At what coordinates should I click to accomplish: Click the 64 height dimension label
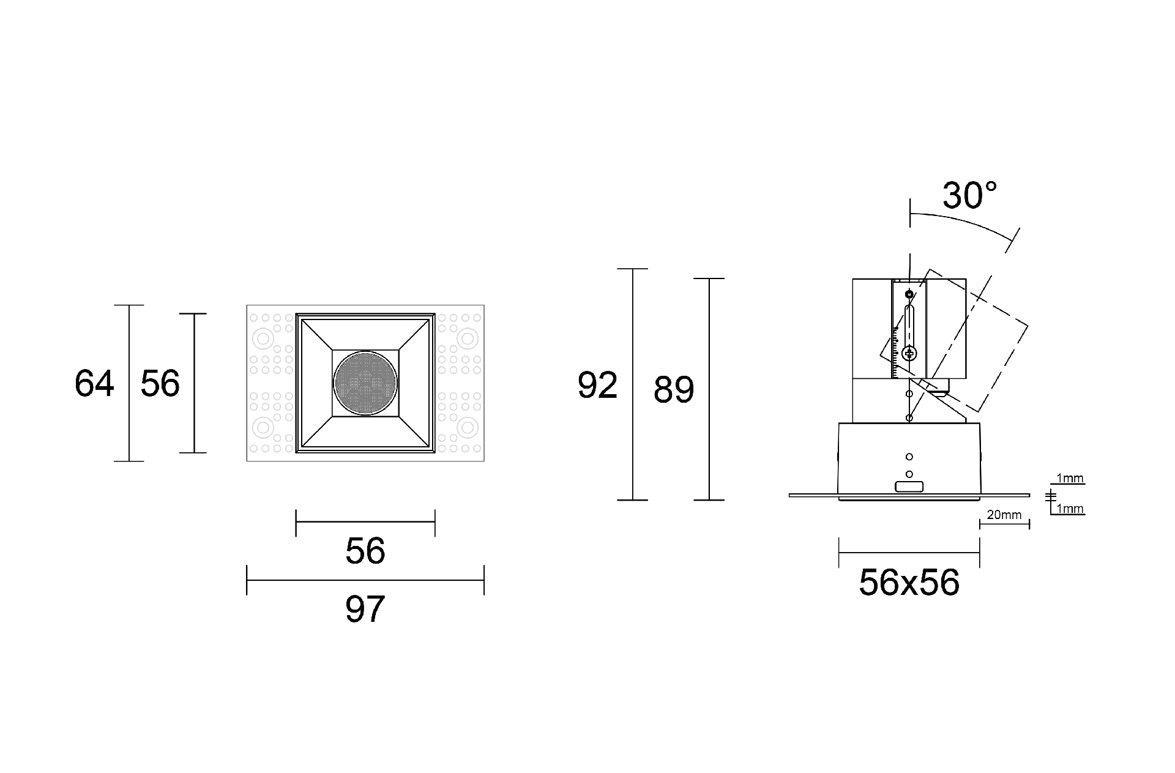coord(94,384)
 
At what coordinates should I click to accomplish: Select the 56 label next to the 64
coord(160,384)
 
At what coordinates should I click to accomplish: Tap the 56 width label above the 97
coord(365,551)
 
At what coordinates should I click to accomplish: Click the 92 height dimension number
coord(597,386)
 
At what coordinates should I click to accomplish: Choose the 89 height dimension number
coord(674,390)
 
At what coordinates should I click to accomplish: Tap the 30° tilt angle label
coord(969,196)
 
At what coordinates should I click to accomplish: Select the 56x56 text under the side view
coord(909,582)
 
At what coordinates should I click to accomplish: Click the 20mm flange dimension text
coord(1004,515)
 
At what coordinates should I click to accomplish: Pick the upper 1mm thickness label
coord(1070,479)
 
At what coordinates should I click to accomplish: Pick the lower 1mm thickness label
coord(1070,509)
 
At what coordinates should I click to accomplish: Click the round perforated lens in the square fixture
coord(365,383)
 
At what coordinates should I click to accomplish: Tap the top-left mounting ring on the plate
coord(264,338)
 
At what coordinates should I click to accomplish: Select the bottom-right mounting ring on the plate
coord(468,427)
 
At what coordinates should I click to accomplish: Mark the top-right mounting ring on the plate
coord(468,338)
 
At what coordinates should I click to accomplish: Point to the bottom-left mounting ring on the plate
coord(264,427)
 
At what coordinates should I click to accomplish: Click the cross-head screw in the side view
coord(909,353)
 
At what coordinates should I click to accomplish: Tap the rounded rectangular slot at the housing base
coord(909,487)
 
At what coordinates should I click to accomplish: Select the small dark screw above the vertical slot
coord(909,295)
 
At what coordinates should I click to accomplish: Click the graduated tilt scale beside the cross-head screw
coord(896,352)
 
